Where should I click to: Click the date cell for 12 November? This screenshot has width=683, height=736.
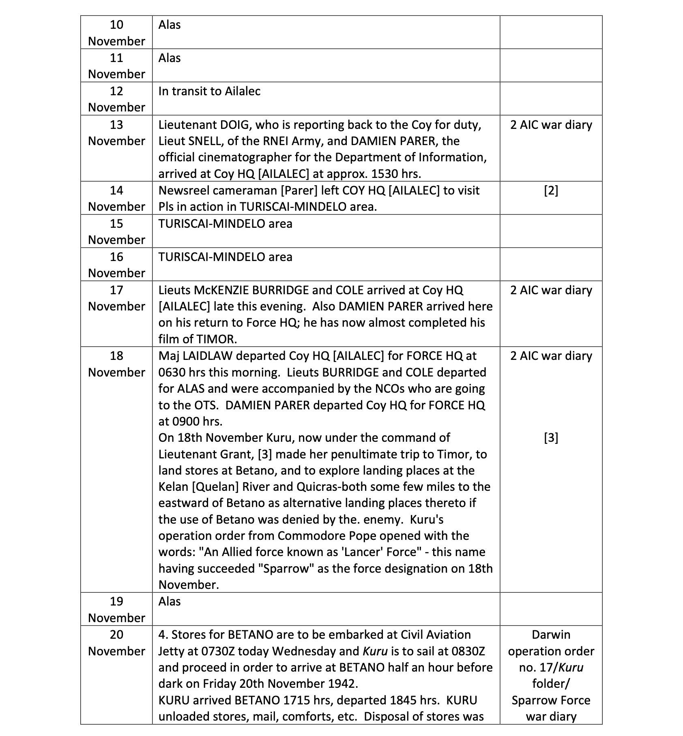tap(116, 99)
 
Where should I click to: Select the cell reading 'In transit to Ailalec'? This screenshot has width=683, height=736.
tap(209, 91)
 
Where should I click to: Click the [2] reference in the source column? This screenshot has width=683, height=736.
tap(551, 190)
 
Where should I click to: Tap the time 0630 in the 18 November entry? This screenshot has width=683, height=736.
tap(172, 372)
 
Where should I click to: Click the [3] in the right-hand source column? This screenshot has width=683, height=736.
tap(551, 438)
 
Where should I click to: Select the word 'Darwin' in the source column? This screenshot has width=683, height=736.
tap(551, 635)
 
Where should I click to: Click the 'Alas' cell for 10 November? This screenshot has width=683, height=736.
tap(170, 25)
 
